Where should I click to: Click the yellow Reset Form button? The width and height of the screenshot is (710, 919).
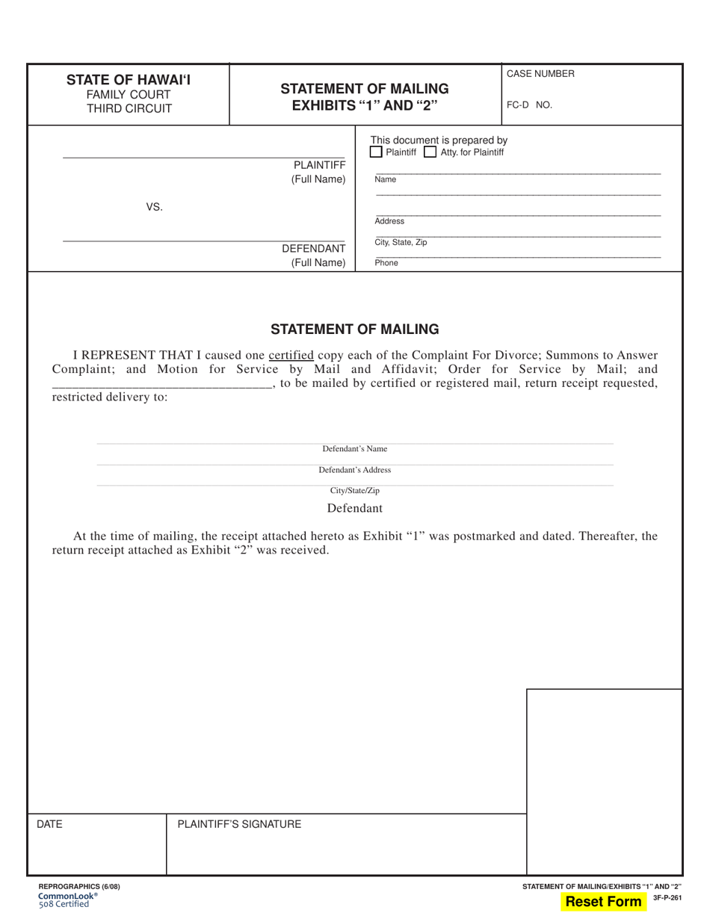[x=604, y=901]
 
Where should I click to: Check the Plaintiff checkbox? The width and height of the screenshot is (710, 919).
[x=377, y=152]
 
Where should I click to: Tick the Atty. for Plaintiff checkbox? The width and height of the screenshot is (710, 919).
[x=430, y=152]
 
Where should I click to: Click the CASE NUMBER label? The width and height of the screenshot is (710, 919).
[x=540, y=74]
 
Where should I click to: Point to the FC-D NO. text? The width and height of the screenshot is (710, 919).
[x=529, y=105]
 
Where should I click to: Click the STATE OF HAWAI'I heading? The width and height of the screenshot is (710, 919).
[x=129, y=79]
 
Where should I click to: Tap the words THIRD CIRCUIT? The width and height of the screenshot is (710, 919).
[x=129, y=109]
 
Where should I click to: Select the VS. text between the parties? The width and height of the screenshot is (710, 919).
[x=154, y=207]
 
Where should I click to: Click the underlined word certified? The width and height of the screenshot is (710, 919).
[x=291, y=356]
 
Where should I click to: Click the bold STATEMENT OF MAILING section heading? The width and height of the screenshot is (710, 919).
[x=354, y=329]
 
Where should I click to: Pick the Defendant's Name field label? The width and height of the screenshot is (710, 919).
[x=355, y=449]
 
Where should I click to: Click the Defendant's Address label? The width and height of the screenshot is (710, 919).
[x=355, y=470]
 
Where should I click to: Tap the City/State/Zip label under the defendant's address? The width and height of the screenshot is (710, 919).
[x=355, y=491]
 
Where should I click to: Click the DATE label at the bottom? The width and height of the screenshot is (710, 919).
[x=49, y=824]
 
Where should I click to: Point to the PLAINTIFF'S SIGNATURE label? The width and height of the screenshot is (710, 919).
[x=239, y=824]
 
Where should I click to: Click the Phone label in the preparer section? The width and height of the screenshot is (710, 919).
[x=386, y=263]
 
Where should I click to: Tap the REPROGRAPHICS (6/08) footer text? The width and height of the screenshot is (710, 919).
[x=78, y=886]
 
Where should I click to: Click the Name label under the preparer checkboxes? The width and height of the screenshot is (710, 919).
[x=386, y=179]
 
